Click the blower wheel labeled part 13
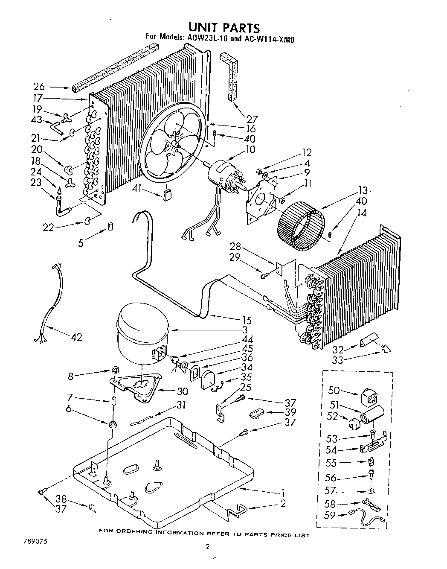(x=301, y=227)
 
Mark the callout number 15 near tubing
(x=246, y=320)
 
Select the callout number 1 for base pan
(x=283, y=491)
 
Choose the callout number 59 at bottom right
(x=330, y=516)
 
